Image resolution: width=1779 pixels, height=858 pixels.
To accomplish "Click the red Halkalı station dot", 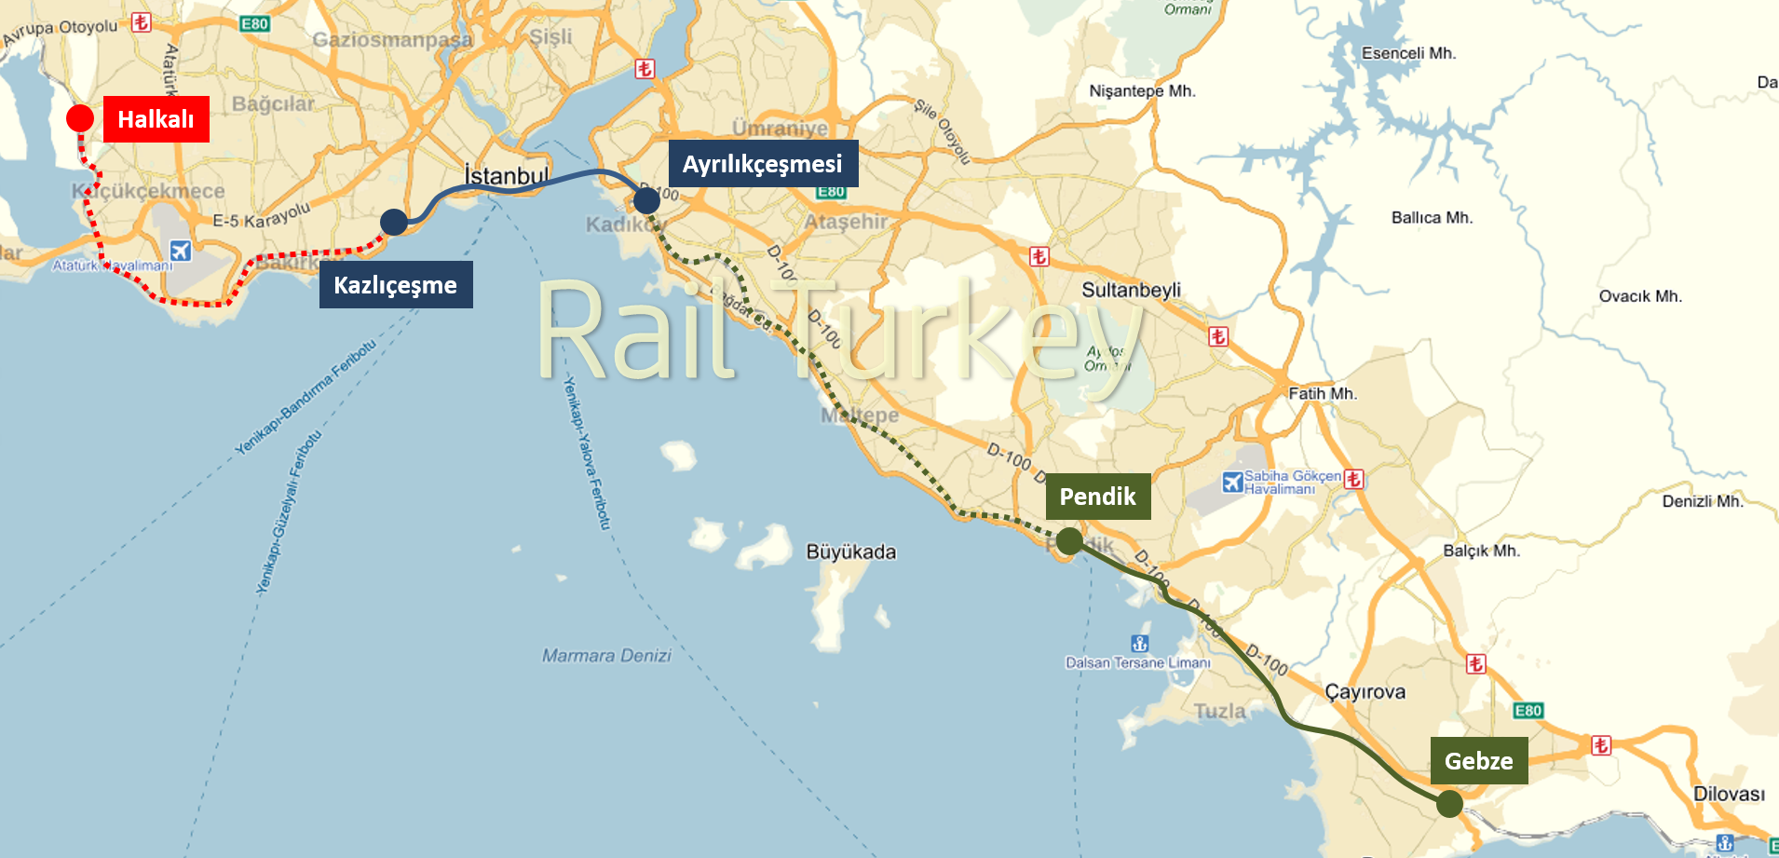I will point(80,118).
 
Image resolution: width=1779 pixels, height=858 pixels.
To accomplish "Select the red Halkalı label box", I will point(156,119).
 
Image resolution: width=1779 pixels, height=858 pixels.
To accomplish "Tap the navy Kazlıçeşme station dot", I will point(394,222).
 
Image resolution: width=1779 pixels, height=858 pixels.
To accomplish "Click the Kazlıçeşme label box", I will point(396,285).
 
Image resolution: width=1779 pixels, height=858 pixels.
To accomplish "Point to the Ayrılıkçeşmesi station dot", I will point(646,200).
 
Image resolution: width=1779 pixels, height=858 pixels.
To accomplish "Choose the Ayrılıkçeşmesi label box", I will point(763,164).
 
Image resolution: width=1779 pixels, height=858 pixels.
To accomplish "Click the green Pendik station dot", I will point(1069,540).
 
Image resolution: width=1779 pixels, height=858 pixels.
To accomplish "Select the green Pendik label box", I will point(1098,497).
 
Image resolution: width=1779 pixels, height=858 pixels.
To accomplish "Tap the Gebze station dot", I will point(1449,803).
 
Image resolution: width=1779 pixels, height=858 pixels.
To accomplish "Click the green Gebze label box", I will point(1479,761).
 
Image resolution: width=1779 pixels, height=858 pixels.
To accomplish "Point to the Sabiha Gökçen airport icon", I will point(1232,482).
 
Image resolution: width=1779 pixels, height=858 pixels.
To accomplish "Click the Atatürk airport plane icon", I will point(181,251).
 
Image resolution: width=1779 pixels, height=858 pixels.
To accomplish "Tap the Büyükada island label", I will point(850,552).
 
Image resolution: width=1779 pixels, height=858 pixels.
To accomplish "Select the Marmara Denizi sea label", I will point(606,656).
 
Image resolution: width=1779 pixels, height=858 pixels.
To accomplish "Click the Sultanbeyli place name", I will point(1131,290).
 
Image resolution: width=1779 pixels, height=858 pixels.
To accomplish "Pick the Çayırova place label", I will point(1365,692).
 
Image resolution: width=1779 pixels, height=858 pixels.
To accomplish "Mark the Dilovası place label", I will point(1729,794).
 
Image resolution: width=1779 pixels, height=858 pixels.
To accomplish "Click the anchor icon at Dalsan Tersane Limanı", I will point(1139,644).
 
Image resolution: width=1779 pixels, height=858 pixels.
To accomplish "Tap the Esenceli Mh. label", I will point(1408,53).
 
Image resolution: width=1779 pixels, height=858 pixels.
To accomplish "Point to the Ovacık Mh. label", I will point(1640,296).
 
